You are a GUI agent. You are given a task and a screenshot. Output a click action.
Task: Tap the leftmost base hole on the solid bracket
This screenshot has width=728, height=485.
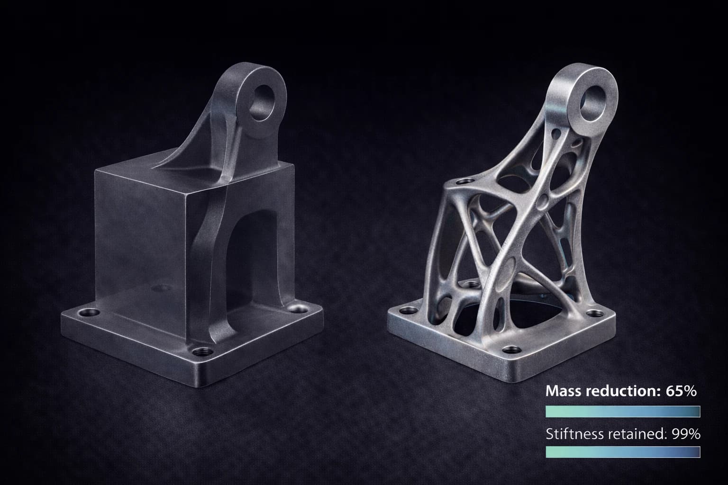(x=89, y=313)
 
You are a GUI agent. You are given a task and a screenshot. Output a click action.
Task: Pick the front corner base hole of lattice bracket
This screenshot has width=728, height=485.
(x=510, y=350)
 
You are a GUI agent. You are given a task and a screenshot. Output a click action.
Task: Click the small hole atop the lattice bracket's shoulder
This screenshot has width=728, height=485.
(x=466, y=181)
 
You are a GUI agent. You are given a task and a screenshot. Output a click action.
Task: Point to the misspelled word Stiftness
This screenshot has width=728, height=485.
(x=572, y=434)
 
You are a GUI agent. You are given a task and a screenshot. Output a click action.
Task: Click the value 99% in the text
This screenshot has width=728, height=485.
(x=686, y=434)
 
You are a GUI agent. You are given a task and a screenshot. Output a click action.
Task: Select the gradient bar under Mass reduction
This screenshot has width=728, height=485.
(x=623, y=411)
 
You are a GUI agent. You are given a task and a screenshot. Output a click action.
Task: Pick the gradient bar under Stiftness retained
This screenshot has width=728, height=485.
(x=623, y=452)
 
